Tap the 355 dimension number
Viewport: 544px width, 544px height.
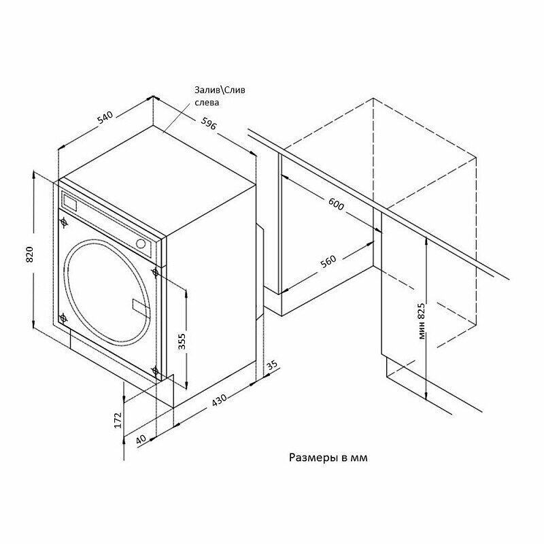182,341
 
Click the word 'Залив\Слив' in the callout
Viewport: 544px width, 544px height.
214,90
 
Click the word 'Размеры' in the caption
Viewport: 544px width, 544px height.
310,458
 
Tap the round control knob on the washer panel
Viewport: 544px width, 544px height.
141,243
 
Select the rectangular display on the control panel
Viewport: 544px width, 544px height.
69,202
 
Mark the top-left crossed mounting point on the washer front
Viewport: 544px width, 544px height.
64,221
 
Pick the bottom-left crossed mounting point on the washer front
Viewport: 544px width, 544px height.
63,318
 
